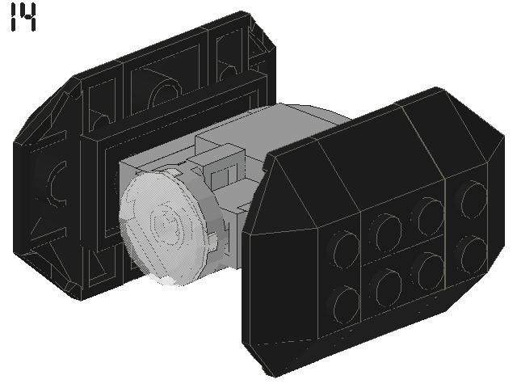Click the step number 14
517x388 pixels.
pos(23,18)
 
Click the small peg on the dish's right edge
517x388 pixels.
pos(213,240)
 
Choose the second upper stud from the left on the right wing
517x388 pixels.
pos(389,232)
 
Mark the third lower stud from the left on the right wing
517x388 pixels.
pos(431,272)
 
